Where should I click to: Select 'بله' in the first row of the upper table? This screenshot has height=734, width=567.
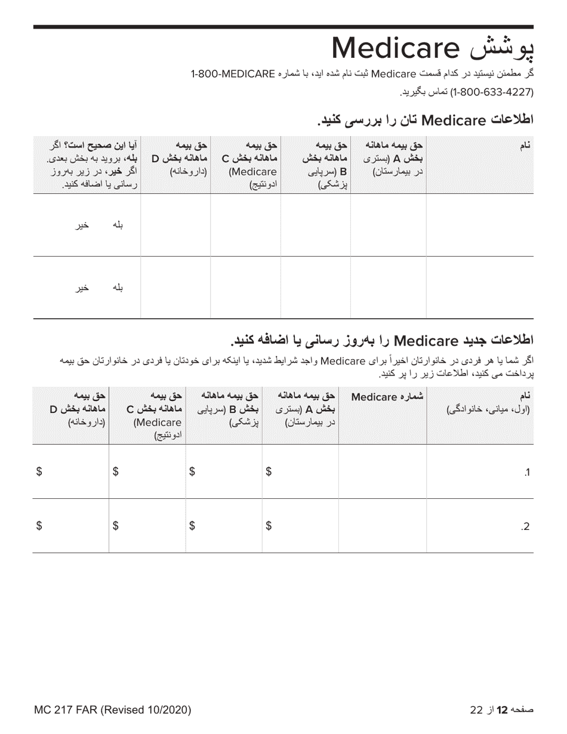point(118,225)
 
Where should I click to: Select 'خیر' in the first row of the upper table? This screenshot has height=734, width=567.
point(82,226)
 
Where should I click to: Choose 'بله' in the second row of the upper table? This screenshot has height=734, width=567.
point(118,288)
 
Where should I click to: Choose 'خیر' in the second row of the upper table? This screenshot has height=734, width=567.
point(82,288)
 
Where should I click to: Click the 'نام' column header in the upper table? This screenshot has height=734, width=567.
point(526,146)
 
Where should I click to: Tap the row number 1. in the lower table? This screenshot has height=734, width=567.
point(526,473)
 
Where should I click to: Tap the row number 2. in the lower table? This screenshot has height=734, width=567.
point(525,526)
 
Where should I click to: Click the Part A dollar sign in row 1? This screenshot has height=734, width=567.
point(269,472)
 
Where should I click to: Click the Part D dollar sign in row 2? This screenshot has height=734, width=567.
point(39,526)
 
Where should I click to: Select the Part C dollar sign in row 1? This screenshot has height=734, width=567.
point(116,472)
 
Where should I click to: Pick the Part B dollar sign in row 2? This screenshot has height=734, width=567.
point(192,526)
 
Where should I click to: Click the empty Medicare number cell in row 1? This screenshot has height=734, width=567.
point(382,472)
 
